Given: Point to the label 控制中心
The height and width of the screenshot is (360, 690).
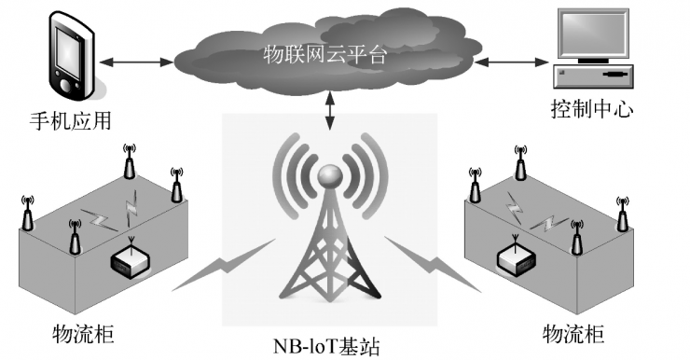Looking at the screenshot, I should click(592, 110).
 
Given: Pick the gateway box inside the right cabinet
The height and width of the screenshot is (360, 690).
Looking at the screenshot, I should click(515, 257).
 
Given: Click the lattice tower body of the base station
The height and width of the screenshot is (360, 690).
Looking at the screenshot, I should click(329, 261).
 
